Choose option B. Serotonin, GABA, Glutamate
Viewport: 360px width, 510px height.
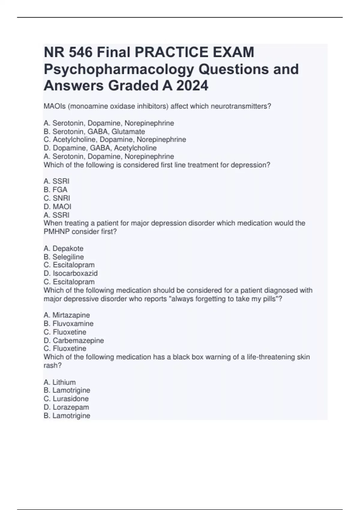94,132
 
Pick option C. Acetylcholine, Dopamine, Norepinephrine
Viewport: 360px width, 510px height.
115,139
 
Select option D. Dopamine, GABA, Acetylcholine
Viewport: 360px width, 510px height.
100,148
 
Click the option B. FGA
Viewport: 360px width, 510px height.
55,190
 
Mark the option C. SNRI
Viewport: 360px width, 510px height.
57,198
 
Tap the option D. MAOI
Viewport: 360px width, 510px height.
57,206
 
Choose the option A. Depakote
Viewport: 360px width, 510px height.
63,248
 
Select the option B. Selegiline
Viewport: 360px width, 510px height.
64,257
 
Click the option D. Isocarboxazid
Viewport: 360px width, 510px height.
70,273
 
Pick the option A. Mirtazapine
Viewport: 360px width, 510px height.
67,315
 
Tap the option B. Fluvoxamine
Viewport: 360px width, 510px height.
68,323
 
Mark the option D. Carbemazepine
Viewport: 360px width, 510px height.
74,340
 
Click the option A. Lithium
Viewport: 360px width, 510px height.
59,382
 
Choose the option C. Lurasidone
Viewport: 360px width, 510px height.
66,399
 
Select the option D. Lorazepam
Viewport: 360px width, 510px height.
66,407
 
